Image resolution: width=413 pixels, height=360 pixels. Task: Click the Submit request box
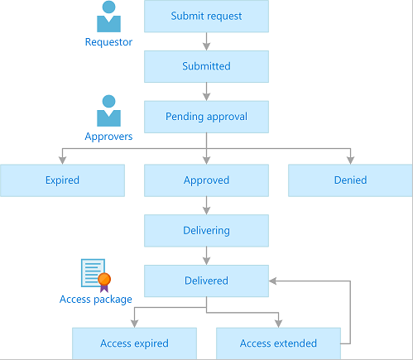[206, 16]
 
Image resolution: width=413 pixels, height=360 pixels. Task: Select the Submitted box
[206, 66]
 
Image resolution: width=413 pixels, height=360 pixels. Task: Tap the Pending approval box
[206, 117]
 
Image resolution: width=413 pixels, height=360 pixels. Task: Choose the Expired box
[62, 180]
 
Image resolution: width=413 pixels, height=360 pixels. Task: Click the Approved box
[206, 180]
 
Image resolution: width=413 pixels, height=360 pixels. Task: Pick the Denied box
[350, 180]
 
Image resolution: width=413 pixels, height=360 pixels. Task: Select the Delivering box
[206, 230]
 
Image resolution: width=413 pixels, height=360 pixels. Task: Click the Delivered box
[206, 281]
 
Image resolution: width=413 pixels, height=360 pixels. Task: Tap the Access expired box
[134, 343]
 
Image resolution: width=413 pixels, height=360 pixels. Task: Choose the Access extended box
[278, 343]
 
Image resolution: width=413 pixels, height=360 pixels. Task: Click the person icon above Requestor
[108, 17]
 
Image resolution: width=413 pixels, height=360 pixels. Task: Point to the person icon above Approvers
[108, 111]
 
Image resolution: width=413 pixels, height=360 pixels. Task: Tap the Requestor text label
[108, 42]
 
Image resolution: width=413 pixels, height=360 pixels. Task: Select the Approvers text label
[108, 136]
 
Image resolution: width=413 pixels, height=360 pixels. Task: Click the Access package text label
[96, 299]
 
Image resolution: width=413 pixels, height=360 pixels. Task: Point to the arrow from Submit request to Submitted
[206, 41]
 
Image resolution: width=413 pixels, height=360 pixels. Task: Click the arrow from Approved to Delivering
[206, 205]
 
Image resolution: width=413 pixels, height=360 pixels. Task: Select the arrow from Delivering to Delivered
[206, 256]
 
